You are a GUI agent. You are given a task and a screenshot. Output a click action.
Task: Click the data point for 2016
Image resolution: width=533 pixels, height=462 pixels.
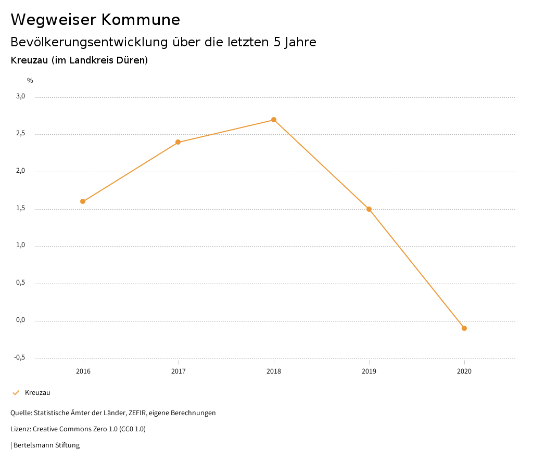(83, 201)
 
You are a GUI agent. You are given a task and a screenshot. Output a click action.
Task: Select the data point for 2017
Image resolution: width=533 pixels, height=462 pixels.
(178, 142)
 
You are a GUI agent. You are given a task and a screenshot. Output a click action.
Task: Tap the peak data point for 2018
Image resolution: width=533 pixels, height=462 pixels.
(274, 120)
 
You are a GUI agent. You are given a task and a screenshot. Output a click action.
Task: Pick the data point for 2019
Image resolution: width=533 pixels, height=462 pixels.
(369, 209)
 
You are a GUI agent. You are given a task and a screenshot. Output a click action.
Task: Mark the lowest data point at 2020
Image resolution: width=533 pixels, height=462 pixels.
(464, 328)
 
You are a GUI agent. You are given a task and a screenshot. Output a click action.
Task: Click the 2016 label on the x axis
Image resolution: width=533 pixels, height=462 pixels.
(83, 371)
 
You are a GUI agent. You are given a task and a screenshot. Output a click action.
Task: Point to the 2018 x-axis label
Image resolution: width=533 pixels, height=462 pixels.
(274, 371)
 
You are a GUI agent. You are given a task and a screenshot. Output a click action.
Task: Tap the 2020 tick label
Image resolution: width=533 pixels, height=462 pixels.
(464, 371)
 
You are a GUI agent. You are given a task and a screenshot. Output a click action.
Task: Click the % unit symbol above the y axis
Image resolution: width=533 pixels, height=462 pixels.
(30, 81)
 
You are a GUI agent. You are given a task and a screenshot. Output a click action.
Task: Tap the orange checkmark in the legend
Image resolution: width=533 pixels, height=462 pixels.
(16, 393)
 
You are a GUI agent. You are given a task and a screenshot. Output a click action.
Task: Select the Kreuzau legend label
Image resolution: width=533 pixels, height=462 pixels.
(37, 393)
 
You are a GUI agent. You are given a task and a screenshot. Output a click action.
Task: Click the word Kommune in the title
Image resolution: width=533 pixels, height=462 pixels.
(141, 20)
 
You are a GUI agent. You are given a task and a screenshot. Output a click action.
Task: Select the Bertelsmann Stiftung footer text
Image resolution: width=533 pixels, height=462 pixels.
(46, 445)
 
